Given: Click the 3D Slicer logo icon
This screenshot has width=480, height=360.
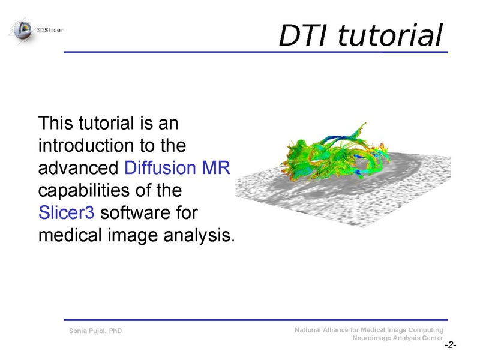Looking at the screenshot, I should coord(23,28).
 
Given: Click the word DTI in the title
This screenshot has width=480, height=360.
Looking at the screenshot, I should coord(304,35).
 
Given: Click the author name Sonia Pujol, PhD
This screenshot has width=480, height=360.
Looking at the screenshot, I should coord(95,331).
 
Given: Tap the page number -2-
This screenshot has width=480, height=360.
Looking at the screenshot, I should coord(450,346).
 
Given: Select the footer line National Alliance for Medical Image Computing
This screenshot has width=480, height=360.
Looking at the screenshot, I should coord(369,330).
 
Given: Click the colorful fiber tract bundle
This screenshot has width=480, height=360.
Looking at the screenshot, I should coord(330,153).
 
